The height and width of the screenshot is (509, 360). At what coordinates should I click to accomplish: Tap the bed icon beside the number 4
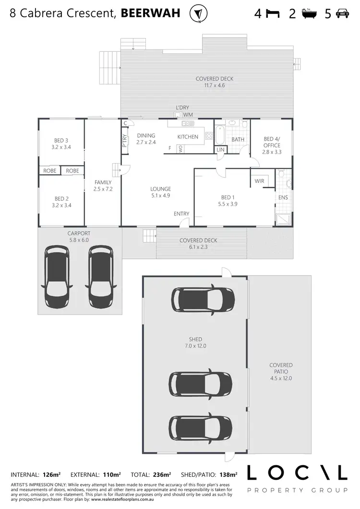[x=273, y=14]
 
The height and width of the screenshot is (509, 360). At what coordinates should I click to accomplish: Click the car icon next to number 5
[x=342, y=14]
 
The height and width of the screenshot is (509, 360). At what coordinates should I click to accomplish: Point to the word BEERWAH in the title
[x=150, y=13]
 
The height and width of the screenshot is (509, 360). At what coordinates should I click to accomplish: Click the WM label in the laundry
[x=188, y=115]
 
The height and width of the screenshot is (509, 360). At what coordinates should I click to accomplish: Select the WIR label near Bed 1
[x=259, y=181]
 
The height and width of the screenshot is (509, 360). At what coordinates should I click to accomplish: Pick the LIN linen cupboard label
[x=220, y=150]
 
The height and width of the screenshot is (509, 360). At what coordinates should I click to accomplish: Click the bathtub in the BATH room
[x=220, y=135]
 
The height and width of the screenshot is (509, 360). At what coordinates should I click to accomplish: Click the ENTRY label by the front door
[x=181, y=214]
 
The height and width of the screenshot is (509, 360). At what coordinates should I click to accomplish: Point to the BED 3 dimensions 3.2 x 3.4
[x=61, y=147]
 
